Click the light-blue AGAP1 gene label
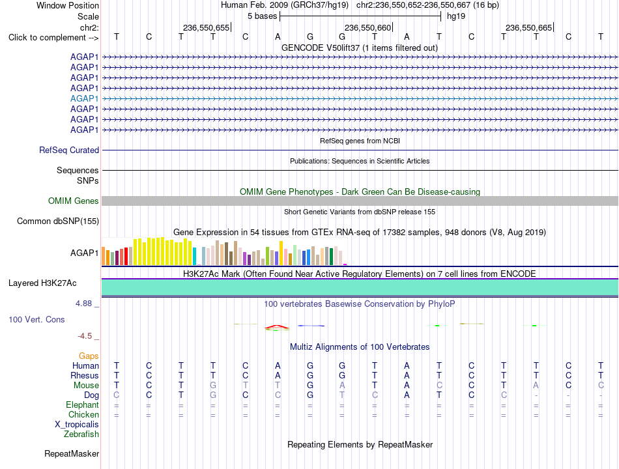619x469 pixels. coord(84,98)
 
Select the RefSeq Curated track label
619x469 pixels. coord(69,150)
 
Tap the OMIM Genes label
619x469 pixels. coord(74,201)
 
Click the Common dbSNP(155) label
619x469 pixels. coord(58,221)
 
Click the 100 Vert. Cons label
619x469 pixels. coord(36,319)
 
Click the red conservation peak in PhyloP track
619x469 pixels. coord(277,326)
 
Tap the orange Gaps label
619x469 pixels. coord(89,356)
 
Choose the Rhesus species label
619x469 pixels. coord(85,375)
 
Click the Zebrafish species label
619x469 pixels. coord(81,434)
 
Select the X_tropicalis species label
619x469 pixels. coord(77,425)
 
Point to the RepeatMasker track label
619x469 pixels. coord(72,453)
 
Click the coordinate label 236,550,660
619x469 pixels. coord(367,27)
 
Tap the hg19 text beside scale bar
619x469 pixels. coord(456,16)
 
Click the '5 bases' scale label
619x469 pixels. coord(263,16)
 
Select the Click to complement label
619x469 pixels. coord(53,38)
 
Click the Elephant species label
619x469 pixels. coord(83,405)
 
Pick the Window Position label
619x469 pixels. coord(68,5)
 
